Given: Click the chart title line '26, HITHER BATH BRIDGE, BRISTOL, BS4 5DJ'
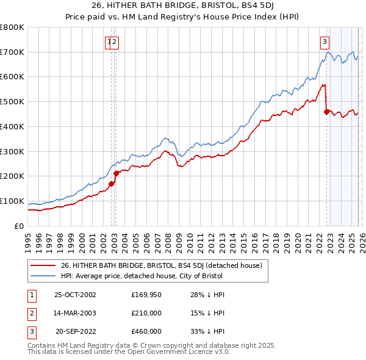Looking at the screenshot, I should [183, 5].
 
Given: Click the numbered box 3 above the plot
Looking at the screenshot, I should [325, 42].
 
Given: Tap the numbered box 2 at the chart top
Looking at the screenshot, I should [115, 42].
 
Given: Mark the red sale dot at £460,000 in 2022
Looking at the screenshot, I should [326, 112].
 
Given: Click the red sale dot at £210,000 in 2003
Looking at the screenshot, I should [116, 174].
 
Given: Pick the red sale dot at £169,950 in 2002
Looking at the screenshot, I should [112, 184].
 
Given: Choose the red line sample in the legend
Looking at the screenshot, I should [44, 265].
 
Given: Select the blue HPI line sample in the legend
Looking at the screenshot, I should [44, 276].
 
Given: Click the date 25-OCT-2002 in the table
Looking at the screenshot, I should [75, 295].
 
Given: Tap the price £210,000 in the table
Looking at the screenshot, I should [146, 313].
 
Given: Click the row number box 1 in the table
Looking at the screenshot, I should [31, 295].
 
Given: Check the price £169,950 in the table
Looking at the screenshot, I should [146, 295].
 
